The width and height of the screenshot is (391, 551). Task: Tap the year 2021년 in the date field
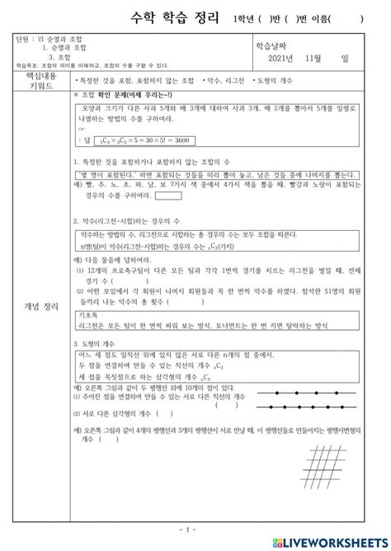tap(285, 57)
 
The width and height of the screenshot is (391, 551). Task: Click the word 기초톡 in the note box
tap(87, 314)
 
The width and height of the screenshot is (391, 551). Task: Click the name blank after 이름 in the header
tap(350, 18)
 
